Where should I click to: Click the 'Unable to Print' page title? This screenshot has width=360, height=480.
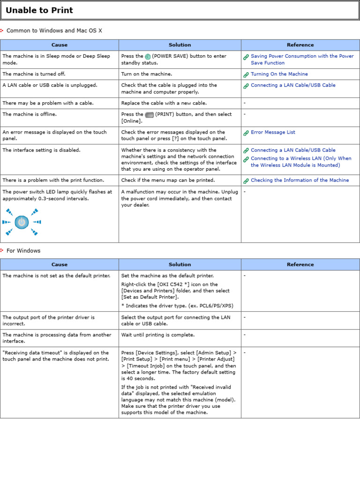pyautogui.click(x=39, y=10)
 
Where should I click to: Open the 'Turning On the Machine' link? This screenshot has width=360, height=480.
pyautogui.click(x=279, y=74)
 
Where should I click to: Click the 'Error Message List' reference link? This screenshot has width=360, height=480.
pyautogui.click(x=273, y=132)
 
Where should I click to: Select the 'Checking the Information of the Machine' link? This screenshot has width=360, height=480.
pyautogui.click(x=300, y=180)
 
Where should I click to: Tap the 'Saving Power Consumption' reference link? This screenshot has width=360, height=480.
pyautogui.click(x=302, y=59)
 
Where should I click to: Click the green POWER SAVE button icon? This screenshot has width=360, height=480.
pyautogui.click(x=148, y=56)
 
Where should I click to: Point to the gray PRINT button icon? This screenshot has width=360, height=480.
pyautogui.click(x=150, y=114)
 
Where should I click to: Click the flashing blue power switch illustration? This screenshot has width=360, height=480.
pyautogui.click(x=22, y=222)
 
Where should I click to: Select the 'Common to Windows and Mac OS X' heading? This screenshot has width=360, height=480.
pyautogui.click(x=54, y=31)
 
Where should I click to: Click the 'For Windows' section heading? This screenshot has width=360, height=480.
pyautogui.click(x=23, y=251)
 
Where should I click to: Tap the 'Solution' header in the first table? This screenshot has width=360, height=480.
pyautogui.click(x=180, y=45)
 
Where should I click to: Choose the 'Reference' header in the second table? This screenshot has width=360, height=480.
pyautogui.click(x=300, y=264)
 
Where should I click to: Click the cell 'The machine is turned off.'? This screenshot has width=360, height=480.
pyautogui.click(x=34, y=74)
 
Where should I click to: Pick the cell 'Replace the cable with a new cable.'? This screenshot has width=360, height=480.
pyautogui.click(x=164, y=103)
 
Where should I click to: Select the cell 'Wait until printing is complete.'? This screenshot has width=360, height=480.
pyautogui.click(x=157, y=335)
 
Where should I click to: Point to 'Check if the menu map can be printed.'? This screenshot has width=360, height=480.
pyautogui.click(x=168, y=180)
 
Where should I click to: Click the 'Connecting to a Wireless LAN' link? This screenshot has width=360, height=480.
pyautogui.click(x=300, y=162)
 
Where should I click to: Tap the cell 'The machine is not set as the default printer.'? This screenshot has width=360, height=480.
pyautogui.click(x=56, y=276)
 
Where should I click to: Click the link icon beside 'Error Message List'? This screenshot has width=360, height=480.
pyautogui.click(x=246, y=133)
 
